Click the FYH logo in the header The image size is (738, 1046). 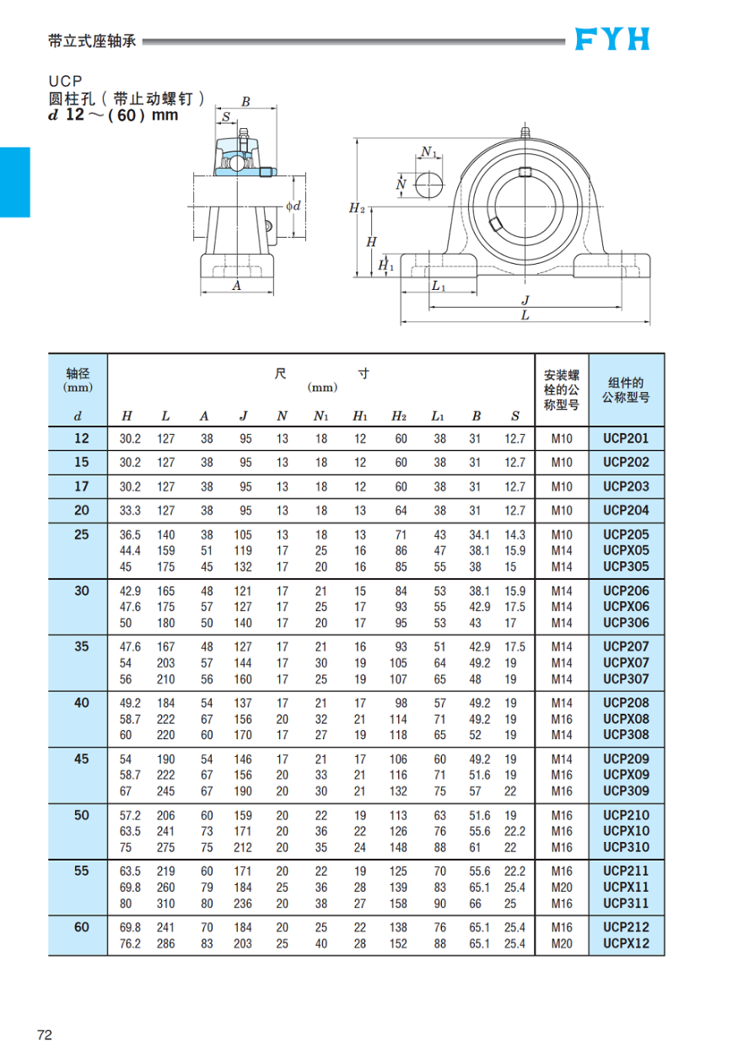pyautogui.click(x=612, y=39)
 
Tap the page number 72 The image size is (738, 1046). pyautogui.click(x=44, y=1034)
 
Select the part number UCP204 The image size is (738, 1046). pyautogui.click(x=626, y=510)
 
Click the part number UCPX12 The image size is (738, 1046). pyautogui.click(x=626, y=943)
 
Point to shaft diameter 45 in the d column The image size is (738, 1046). pyautogui.click(x=81, y=759)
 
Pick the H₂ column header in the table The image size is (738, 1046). pyautogui.click(x=399, y=416)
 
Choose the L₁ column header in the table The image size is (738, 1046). pyautogui.click(x=439, y=416)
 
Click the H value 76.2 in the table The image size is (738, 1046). pyautogui.click(x=130, y=944)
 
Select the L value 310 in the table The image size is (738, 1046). pyautogui.click(x=165, y=904)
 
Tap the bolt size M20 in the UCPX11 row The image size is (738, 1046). pyautogui.click(x=562, y=888)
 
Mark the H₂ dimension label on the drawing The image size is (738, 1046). pyautogui.click(x=357, y=207)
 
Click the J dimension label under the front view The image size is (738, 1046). pyautogui.click(x=525, y=300)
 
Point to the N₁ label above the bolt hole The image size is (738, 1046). pyautogui.click(x=429, y=153)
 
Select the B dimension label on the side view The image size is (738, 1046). pyautogui.click(x=245, y=102)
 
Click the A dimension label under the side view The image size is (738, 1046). pyautogui.click(x=237, y=286)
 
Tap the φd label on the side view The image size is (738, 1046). pyautogui.click(x=294, y=205)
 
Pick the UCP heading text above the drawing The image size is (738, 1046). pyautogui.click(x=64, y=82)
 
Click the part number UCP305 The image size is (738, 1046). pyautogui.click(x=626, y=566)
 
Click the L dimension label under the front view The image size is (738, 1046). pyautogui.click(x=525, y=315)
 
